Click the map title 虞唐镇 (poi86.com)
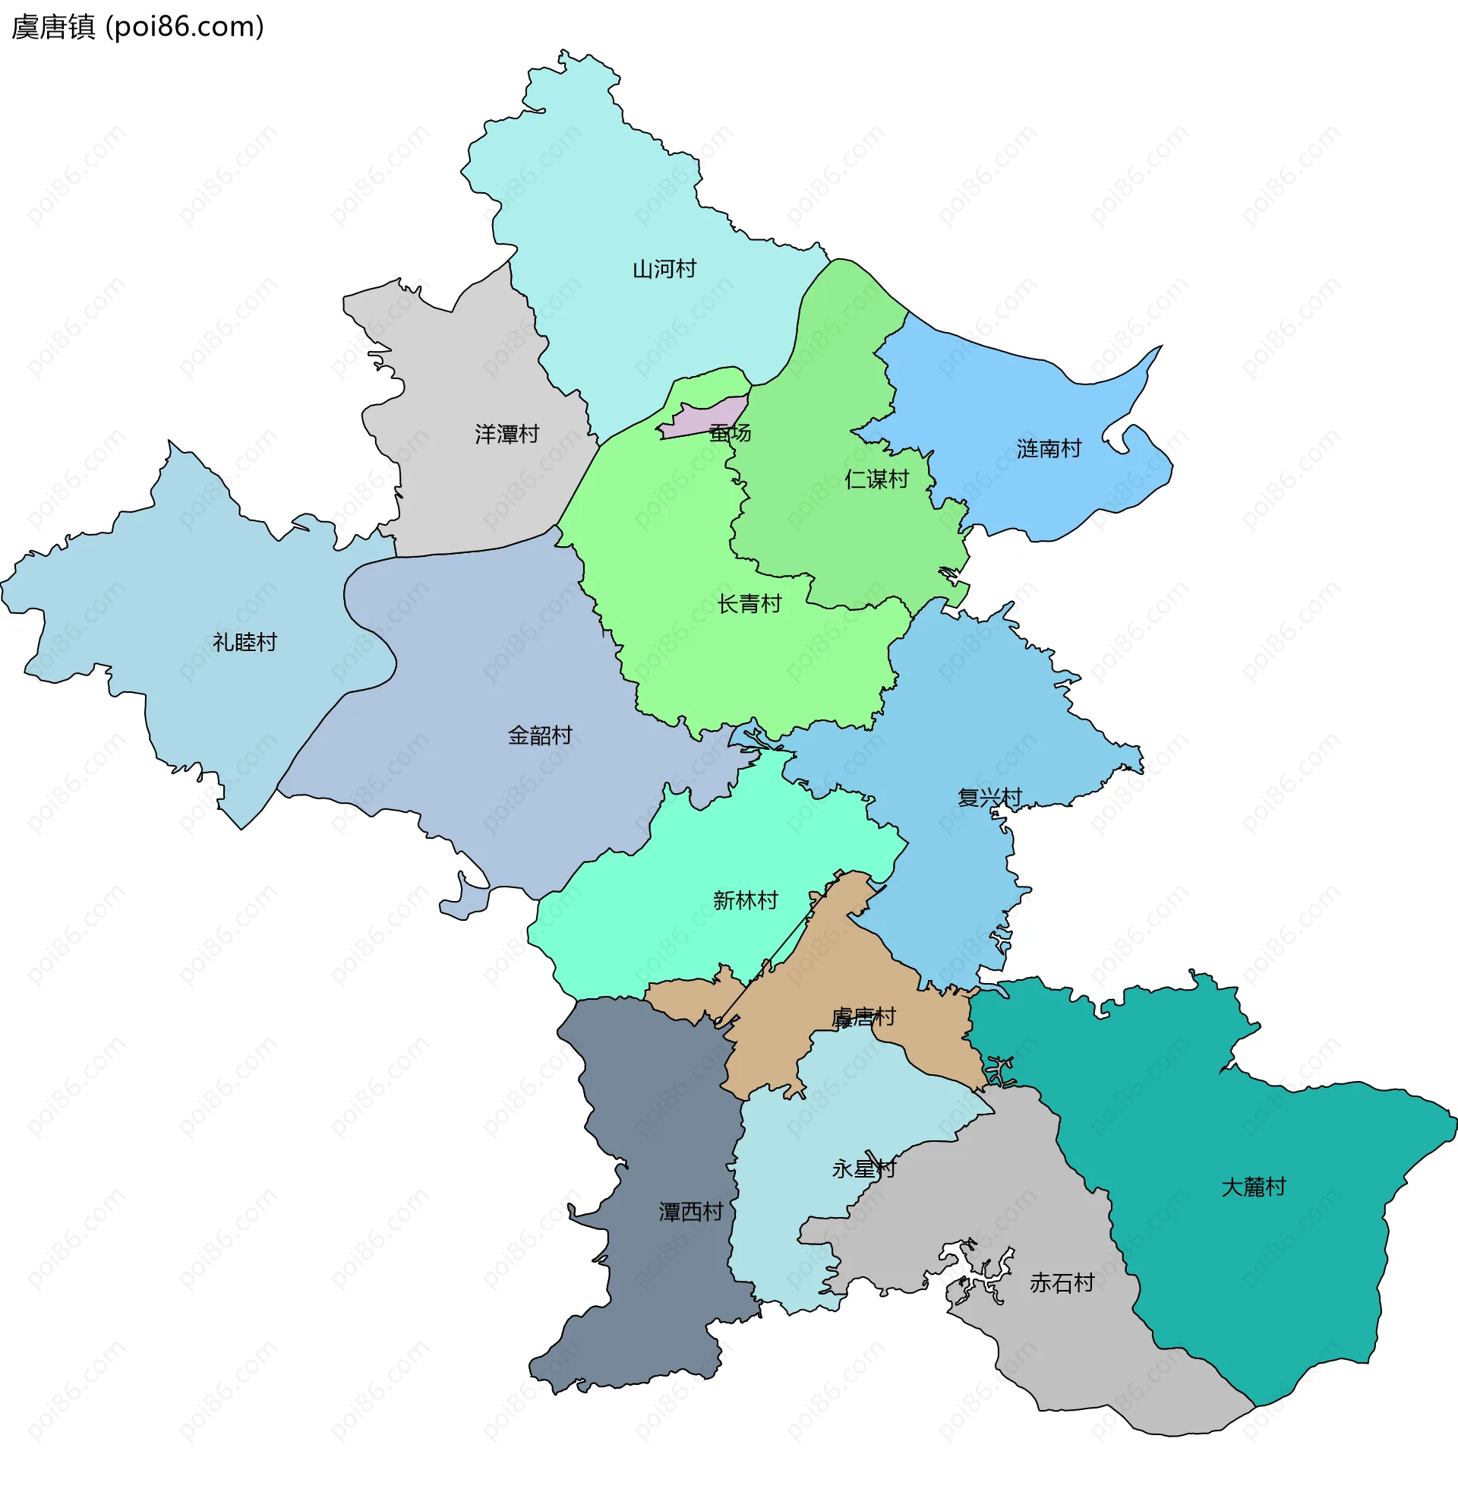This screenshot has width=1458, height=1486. point(138,27)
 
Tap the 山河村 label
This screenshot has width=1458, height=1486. point(664,269)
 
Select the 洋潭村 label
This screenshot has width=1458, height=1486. point(507,435)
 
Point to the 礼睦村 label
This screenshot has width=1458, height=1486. point(245,642)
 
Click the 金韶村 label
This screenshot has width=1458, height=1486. point(540,735)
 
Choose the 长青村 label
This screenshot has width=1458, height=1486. point(749,603)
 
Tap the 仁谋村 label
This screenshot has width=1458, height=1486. point(876,479)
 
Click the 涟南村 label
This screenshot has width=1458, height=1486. point(1049,448)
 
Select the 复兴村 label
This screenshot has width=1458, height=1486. point(989,797)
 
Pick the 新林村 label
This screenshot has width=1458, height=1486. point(744,900)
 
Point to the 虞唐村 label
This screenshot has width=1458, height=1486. point(863,1016)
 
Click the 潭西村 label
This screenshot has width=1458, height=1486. point(691,1211)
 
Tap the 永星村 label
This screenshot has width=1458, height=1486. point(863,1168)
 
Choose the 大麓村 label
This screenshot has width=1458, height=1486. point(1253,1187)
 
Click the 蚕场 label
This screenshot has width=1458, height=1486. point(730,433)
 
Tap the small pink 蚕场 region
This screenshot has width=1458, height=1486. point(701,420)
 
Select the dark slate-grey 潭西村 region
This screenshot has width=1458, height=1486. point(658,1111)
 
